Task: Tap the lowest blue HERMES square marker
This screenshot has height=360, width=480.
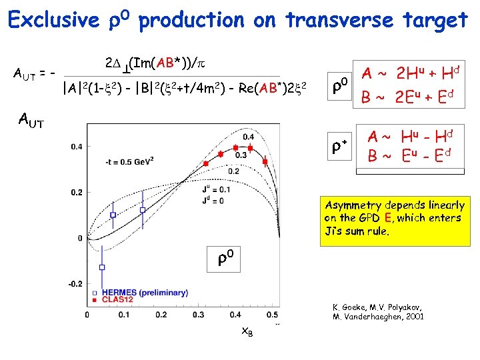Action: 102,267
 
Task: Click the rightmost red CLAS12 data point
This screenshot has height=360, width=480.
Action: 265,161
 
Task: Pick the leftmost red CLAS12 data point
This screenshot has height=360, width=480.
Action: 206,163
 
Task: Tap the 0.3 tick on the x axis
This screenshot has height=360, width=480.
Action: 199,315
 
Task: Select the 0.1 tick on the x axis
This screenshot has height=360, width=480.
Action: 125,315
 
